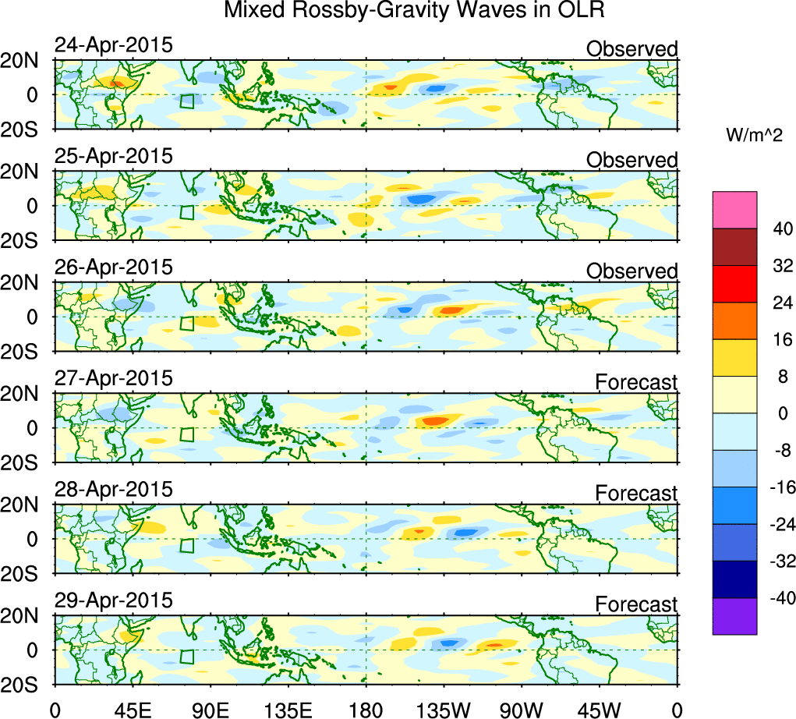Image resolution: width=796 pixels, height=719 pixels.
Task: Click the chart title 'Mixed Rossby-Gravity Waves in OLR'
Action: pos(413,12)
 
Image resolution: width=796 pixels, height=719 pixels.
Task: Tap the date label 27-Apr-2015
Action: pos(113,379)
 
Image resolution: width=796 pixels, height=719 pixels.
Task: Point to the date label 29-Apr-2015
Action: pos(113,601)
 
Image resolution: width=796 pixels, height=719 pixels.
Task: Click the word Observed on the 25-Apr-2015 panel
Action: pos(632,160)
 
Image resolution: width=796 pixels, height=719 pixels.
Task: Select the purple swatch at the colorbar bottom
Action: pos(734,616)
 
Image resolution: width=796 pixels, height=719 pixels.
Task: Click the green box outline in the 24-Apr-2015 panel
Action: pos(186,101)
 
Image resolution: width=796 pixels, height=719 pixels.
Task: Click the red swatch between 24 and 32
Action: pos(734,284)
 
